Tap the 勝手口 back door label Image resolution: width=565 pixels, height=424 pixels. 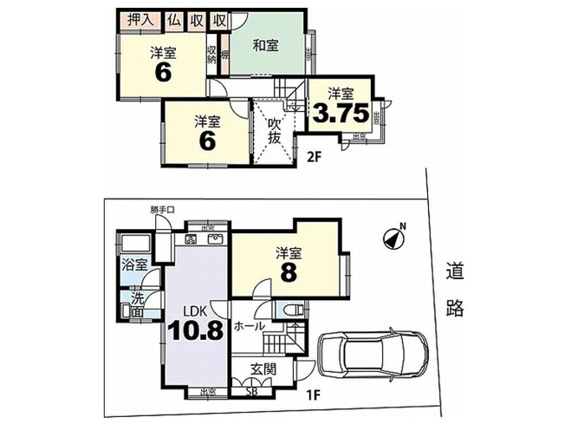point(162,209)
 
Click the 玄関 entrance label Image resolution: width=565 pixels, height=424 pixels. point(263,369)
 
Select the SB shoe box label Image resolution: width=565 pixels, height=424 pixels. point(253,391)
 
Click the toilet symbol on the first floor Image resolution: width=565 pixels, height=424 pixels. point(288,310)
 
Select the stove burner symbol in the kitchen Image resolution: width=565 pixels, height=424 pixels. point(191,239)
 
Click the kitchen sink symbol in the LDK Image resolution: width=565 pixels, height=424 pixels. point(217,239)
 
